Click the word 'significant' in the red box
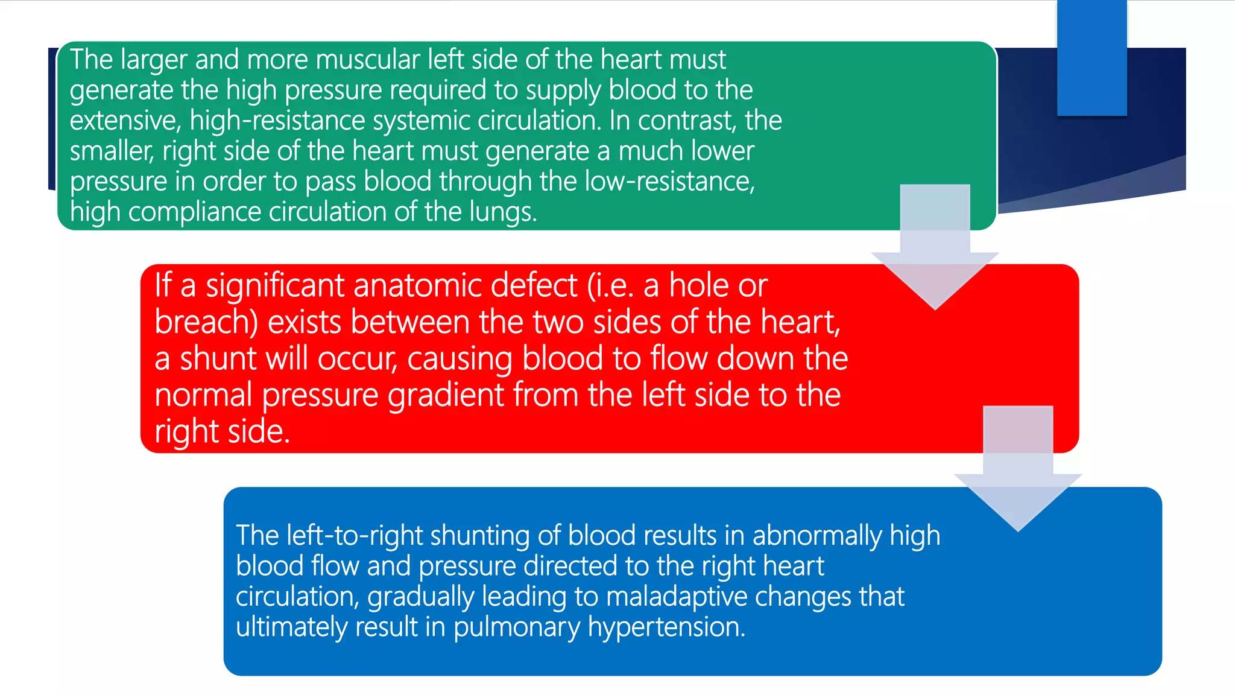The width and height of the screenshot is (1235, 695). (x=276, y=285)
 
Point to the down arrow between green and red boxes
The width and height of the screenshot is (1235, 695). (x=935, y=253)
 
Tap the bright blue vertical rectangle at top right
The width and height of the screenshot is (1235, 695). (x=1092, y=57)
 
